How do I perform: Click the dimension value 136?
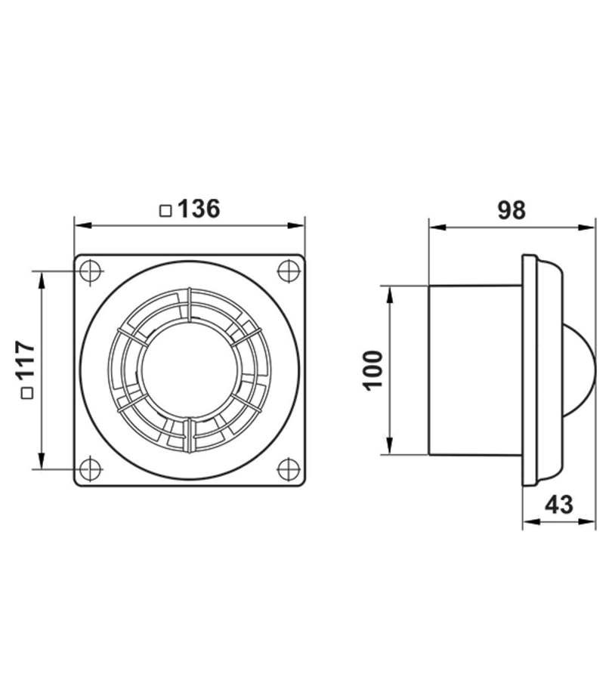(x=199, y=209)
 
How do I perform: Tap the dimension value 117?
(x=26, y=360)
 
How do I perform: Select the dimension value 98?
(x=512, y=210)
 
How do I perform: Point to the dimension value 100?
(x=373, y=371)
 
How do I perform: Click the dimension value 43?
(x=559, y=505)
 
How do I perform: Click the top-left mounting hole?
(x=91, y=271)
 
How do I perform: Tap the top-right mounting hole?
(x=288, y=271)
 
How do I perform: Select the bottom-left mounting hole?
(x=91, y=469)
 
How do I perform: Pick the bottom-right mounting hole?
(x=288, y=469)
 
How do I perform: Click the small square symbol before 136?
(x=165, y=210)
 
